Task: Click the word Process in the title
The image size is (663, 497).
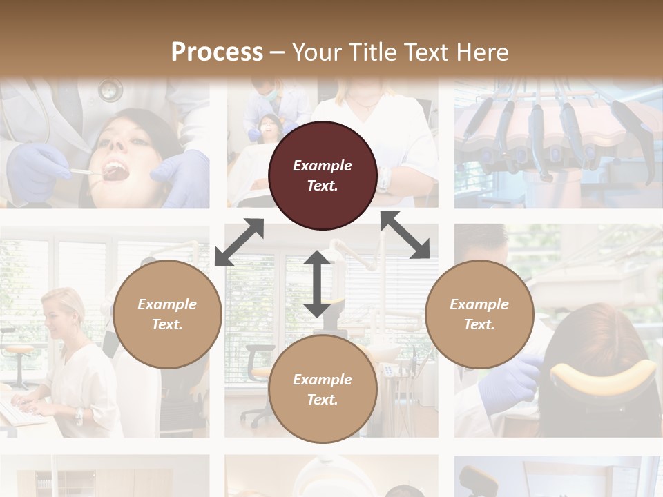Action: [217, 52]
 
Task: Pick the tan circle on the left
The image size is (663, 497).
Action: [167, 314]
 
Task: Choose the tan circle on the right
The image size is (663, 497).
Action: [479, 314]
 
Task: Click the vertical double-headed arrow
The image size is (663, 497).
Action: [317, 284]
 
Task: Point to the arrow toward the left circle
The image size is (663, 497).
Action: [239, 242]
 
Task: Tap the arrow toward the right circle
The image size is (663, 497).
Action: [405, 235]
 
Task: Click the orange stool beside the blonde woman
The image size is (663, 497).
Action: [19, 351]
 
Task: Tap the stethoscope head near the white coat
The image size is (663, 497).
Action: [109, 90]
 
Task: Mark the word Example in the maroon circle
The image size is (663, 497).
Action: [323, 166]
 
